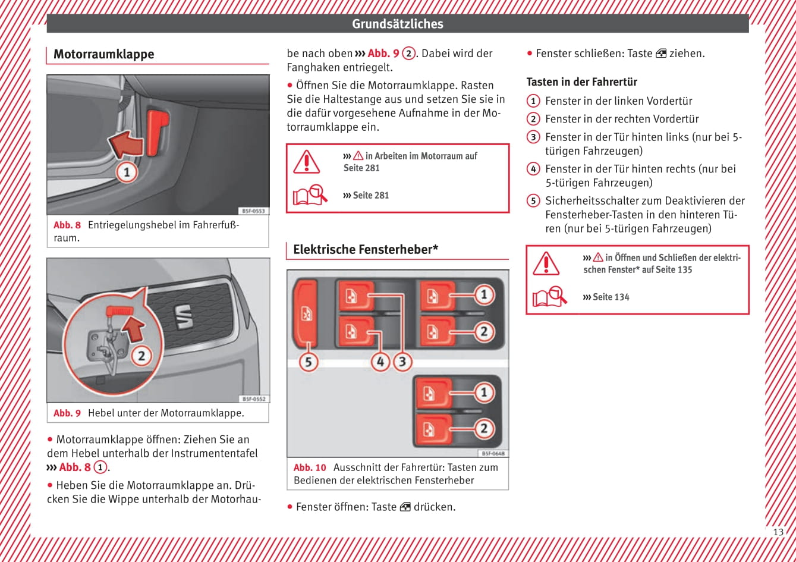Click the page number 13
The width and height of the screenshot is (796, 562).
tap(778, 532)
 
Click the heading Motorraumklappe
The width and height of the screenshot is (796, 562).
tap(103, 54)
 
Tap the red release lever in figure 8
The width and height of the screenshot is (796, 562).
tap(158, 131)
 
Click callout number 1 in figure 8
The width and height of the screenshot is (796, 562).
tap(126, 172)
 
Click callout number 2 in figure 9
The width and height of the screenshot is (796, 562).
tap(141, 356)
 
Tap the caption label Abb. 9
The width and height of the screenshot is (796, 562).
tap(67, 413)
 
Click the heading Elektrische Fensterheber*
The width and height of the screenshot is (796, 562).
tap(365, 250)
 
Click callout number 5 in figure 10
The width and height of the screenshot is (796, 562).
tap(308, 361)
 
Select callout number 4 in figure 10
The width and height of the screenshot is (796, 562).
tap(380, 361)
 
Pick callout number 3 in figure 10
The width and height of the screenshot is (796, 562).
tap(402, 361)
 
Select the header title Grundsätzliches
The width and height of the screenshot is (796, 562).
tap(397, 24)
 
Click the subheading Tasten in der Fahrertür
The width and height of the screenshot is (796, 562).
tap(581, 82)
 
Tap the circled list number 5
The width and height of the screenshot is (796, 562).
tap(533, 200)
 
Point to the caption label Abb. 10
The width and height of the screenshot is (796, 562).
tap(310, 467)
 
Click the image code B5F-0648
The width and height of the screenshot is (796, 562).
tap(493, 453)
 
